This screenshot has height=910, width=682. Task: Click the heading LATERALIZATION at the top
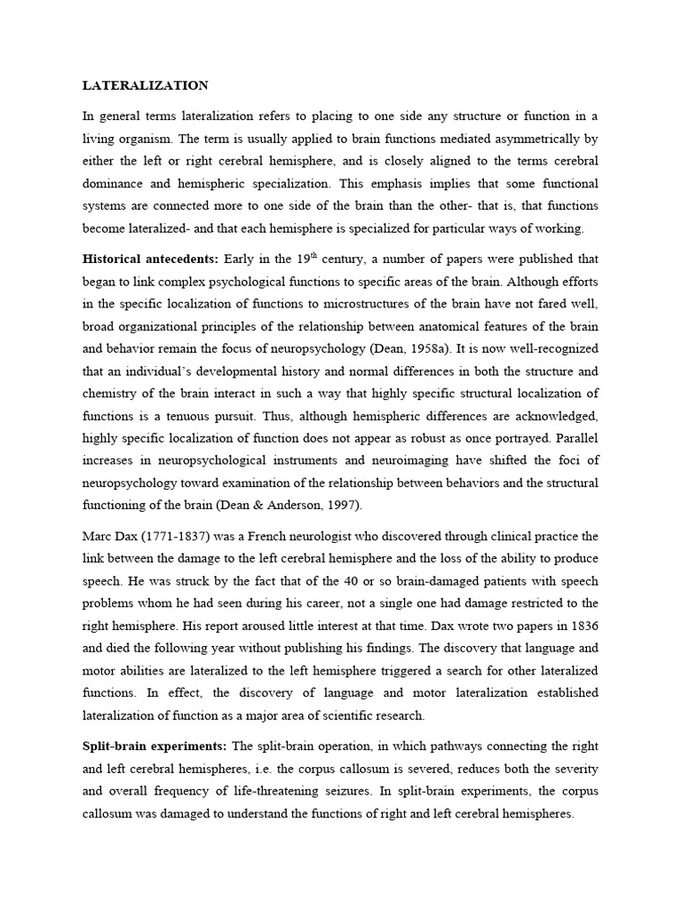(x=146, y=86)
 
